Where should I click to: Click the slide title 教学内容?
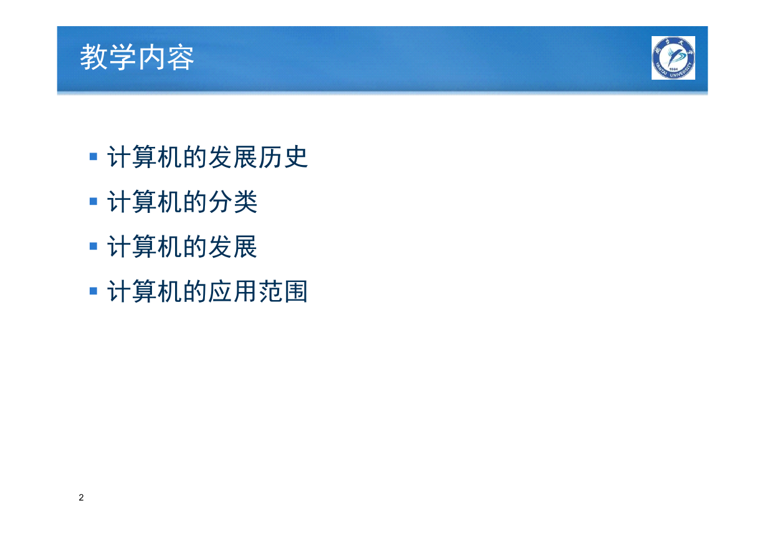(x=137, y=57)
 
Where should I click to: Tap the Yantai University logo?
(x=673, y=58)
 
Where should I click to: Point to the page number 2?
(x=81, y=497)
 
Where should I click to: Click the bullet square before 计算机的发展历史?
(x=93, y=156)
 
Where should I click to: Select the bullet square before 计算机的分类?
(x=93, y=201)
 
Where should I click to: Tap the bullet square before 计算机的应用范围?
(x=93, y=291)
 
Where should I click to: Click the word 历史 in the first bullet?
(x=283, y=157)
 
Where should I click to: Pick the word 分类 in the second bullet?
(x=232, y=202)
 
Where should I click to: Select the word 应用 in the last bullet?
(x=232, y=291)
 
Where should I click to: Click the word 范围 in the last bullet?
(x=283, y=291)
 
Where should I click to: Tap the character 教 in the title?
(x=93, y=57)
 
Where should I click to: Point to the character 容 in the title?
(x=181, y=57)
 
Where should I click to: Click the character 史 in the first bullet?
(x=296, y=157)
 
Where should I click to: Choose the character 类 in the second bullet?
(x=245, y=202)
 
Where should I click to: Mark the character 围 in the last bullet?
(x=296, y=291)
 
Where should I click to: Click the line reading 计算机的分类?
(x=183, y=202)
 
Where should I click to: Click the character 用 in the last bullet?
(x=245, y=291)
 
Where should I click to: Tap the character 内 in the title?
(x=151, y=57)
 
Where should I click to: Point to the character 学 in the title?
(x=122, y=57)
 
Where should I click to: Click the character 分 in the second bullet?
(x=220, y=202)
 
